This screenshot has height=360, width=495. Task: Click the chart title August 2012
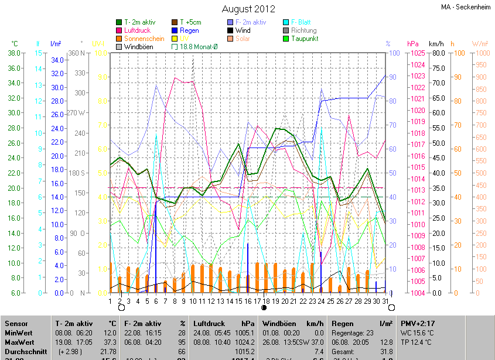[248, 9]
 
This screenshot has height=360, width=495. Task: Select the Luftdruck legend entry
[138, 30]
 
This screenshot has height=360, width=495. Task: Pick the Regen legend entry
[189, 30]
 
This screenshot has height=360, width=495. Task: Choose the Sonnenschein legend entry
[144, 39]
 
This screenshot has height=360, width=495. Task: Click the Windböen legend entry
[138, 47]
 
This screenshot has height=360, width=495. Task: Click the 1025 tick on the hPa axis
[417, 53]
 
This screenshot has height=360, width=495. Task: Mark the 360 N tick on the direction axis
[76, 53]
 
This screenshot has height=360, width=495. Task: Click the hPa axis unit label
[413, 44]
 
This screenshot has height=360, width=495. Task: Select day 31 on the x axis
[386, 301]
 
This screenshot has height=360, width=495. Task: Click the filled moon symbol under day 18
[264, 307]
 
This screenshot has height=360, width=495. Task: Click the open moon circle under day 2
[121, 307]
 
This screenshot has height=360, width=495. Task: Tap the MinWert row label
[19, 332]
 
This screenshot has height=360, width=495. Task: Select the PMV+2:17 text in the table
[418, 323]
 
